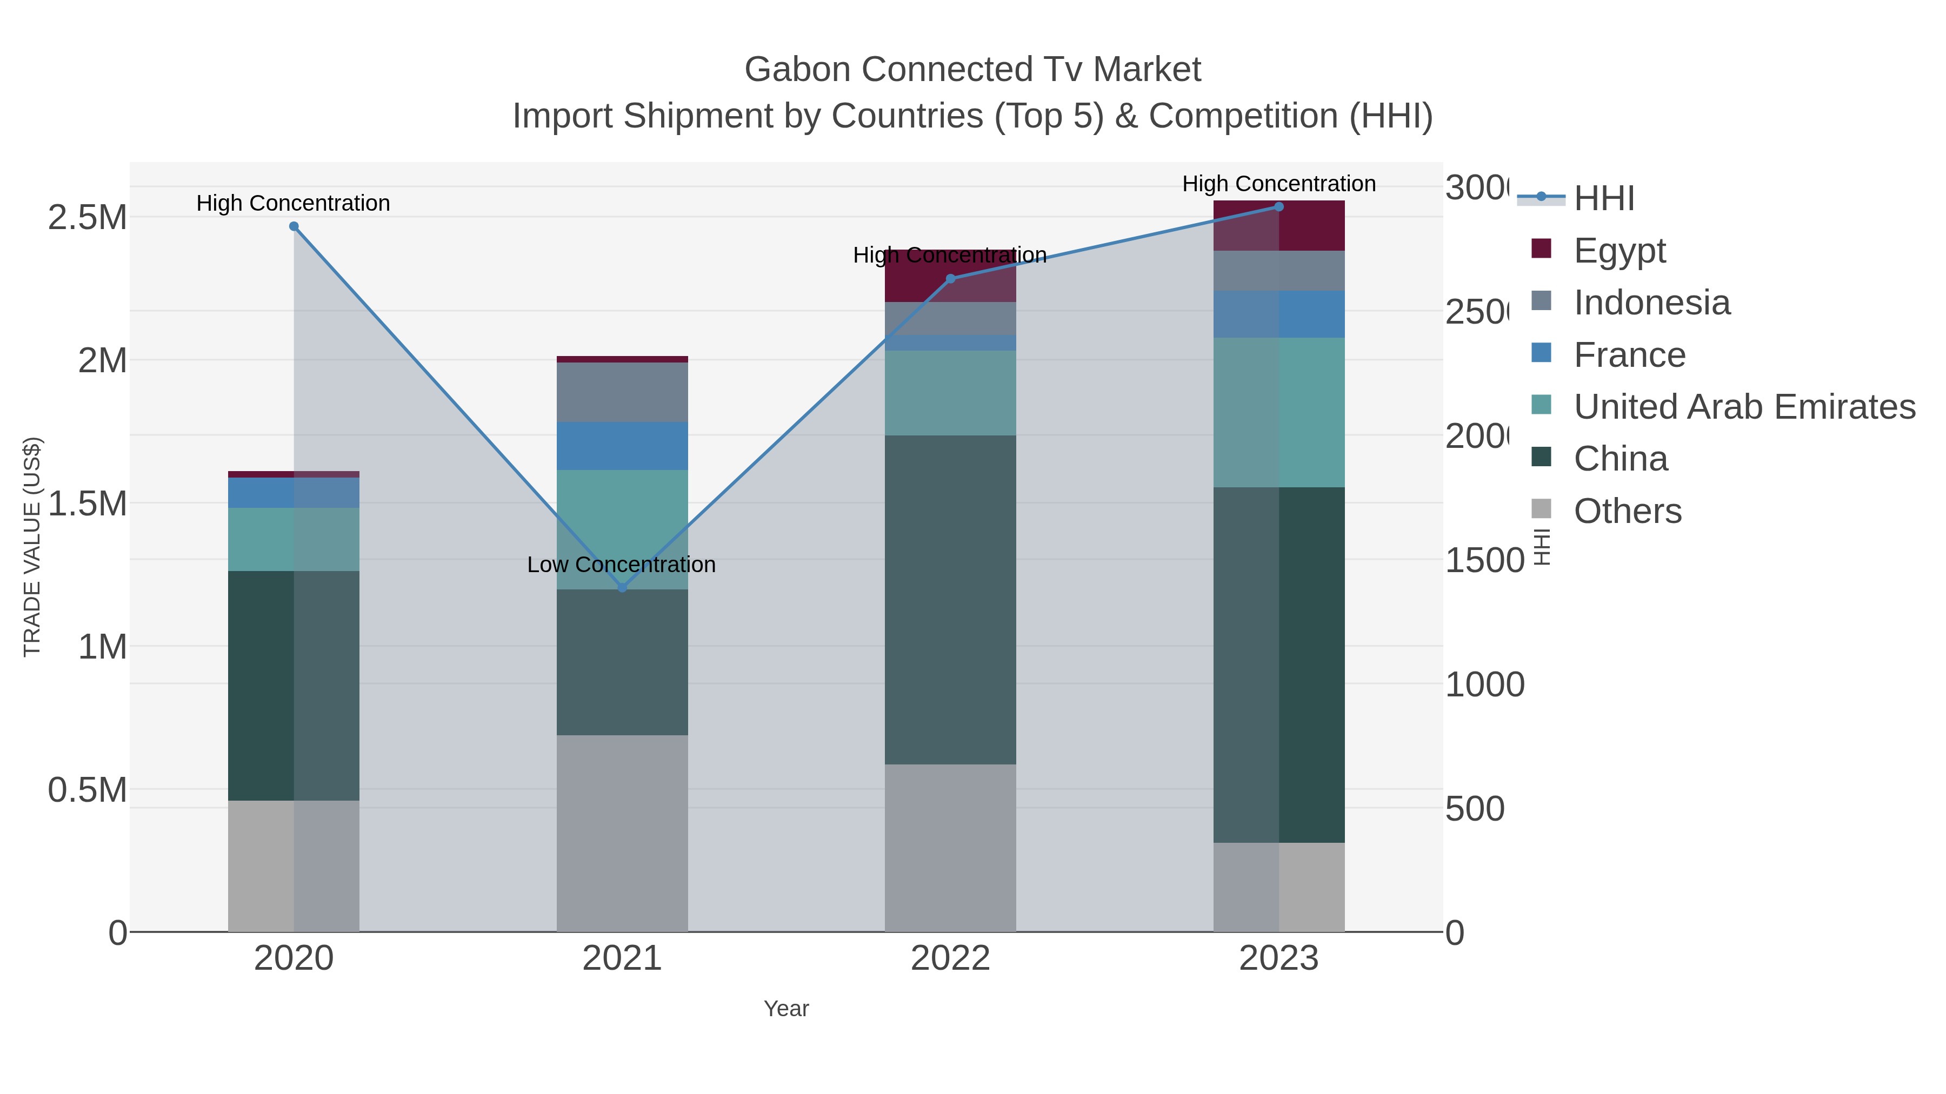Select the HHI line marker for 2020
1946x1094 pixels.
coord(294,226)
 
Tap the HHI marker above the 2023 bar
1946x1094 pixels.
coord(1279,207)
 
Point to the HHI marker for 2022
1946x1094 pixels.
coord(950,279)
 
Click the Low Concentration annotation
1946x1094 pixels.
coord(621,565)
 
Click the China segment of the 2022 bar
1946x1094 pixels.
coord(950,600)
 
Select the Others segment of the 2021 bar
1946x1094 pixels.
coord(623,834)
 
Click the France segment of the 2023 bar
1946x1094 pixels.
coord(1279,314)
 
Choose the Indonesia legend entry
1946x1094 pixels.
coord(1651,303)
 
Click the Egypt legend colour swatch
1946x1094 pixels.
coord(1541,249)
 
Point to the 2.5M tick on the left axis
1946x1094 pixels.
coord(87,217)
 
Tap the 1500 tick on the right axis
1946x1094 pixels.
coord(1484,561)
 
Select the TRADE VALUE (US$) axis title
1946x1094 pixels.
coord(32,547)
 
